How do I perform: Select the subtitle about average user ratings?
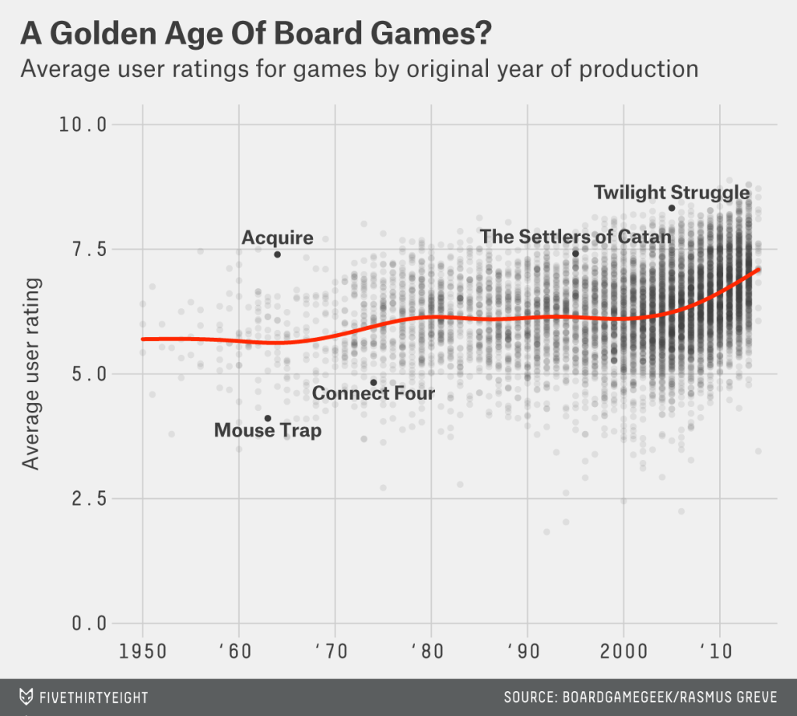[359, 69]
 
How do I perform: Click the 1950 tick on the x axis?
[142, 650]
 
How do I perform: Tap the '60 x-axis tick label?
[239, 650]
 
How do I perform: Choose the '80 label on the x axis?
[431, 650]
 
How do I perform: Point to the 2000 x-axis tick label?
[623, 650]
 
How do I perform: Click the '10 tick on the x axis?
[720, 650]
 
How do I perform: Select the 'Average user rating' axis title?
[30, 374]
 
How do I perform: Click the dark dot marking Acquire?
[277, 254]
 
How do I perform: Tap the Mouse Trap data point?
[268, 418]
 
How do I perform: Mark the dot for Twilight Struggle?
[672, 208]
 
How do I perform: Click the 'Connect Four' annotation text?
[374, 394]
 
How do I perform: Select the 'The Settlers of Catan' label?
[575, 236]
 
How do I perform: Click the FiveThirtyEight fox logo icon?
[26, 696]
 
